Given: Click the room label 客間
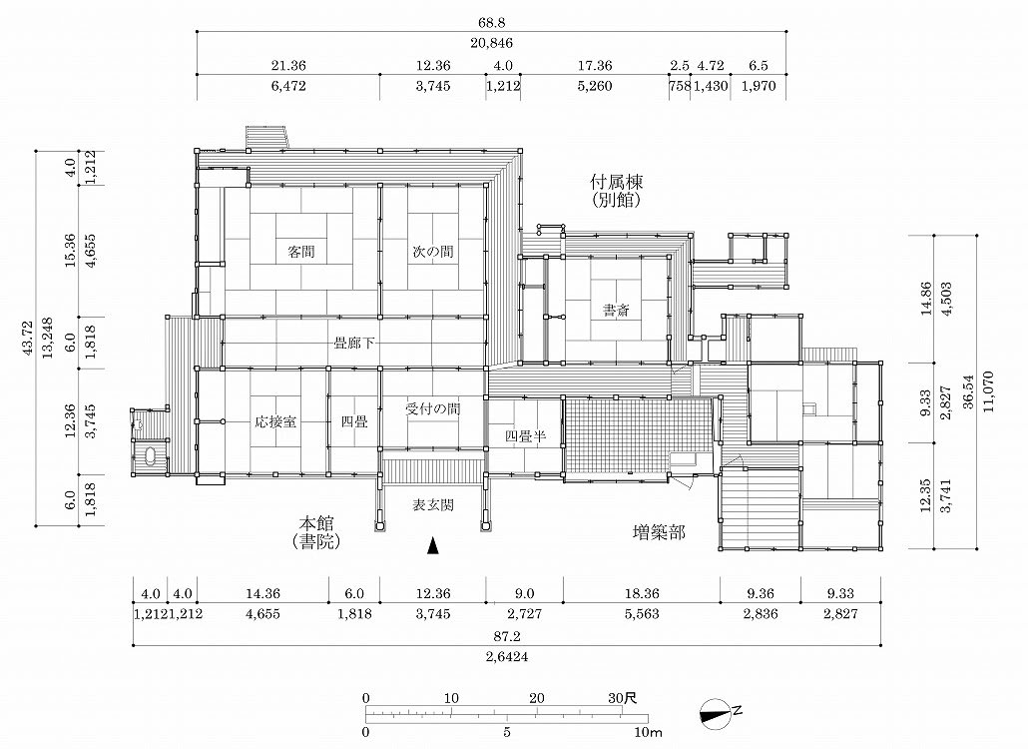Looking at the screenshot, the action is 301,252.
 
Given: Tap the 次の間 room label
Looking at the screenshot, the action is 433,252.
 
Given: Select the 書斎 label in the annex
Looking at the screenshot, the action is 616,311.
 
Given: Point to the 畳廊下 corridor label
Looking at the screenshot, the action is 354,343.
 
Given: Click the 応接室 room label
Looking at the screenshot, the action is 275,421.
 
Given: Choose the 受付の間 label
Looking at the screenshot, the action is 433,409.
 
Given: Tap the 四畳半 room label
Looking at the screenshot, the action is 525,435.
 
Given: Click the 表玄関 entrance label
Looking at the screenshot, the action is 433,505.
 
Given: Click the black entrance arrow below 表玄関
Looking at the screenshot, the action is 432,545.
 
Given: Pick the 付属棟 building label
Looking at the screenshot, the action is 616,181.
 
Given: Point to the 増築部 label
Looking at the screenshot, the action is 659,532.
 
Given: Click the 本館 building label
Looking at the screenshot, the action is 316,523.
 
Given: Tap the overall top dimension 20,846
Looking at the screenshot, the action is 491,43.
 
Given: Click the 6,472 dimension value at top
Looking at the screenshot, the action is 287,86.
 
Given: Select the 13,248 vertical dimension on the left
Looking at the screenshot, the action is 48,338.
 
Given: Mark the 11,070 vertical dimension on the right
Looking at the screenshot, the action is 989,391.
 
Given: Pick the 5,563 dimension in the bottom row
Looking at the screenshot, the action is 641,614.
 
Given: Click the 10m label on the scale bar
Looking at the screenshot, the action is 648,732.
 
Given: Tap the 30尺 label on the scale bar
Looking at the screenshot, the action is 622,698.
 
